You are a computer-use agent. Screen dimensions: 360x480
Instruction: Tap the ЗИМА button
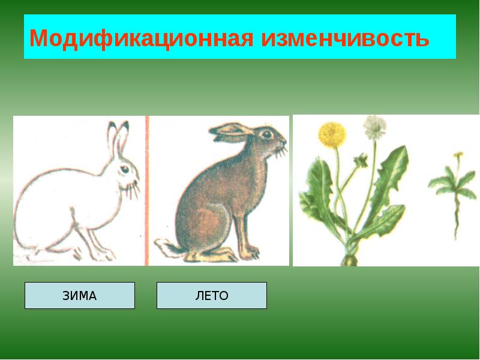tap(80, 295)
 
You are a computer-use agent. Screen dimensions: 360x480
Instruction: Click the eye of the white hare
tap(122, 170)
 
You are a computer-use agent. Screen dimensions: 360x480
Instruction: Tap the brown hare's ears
tap(231, 133)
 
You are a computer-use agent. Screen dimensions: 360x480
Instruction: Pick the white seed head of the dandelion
tap(375, 126)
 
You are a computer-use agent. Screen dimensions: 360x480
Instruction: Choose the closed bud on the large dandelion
tap(361, 160)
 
